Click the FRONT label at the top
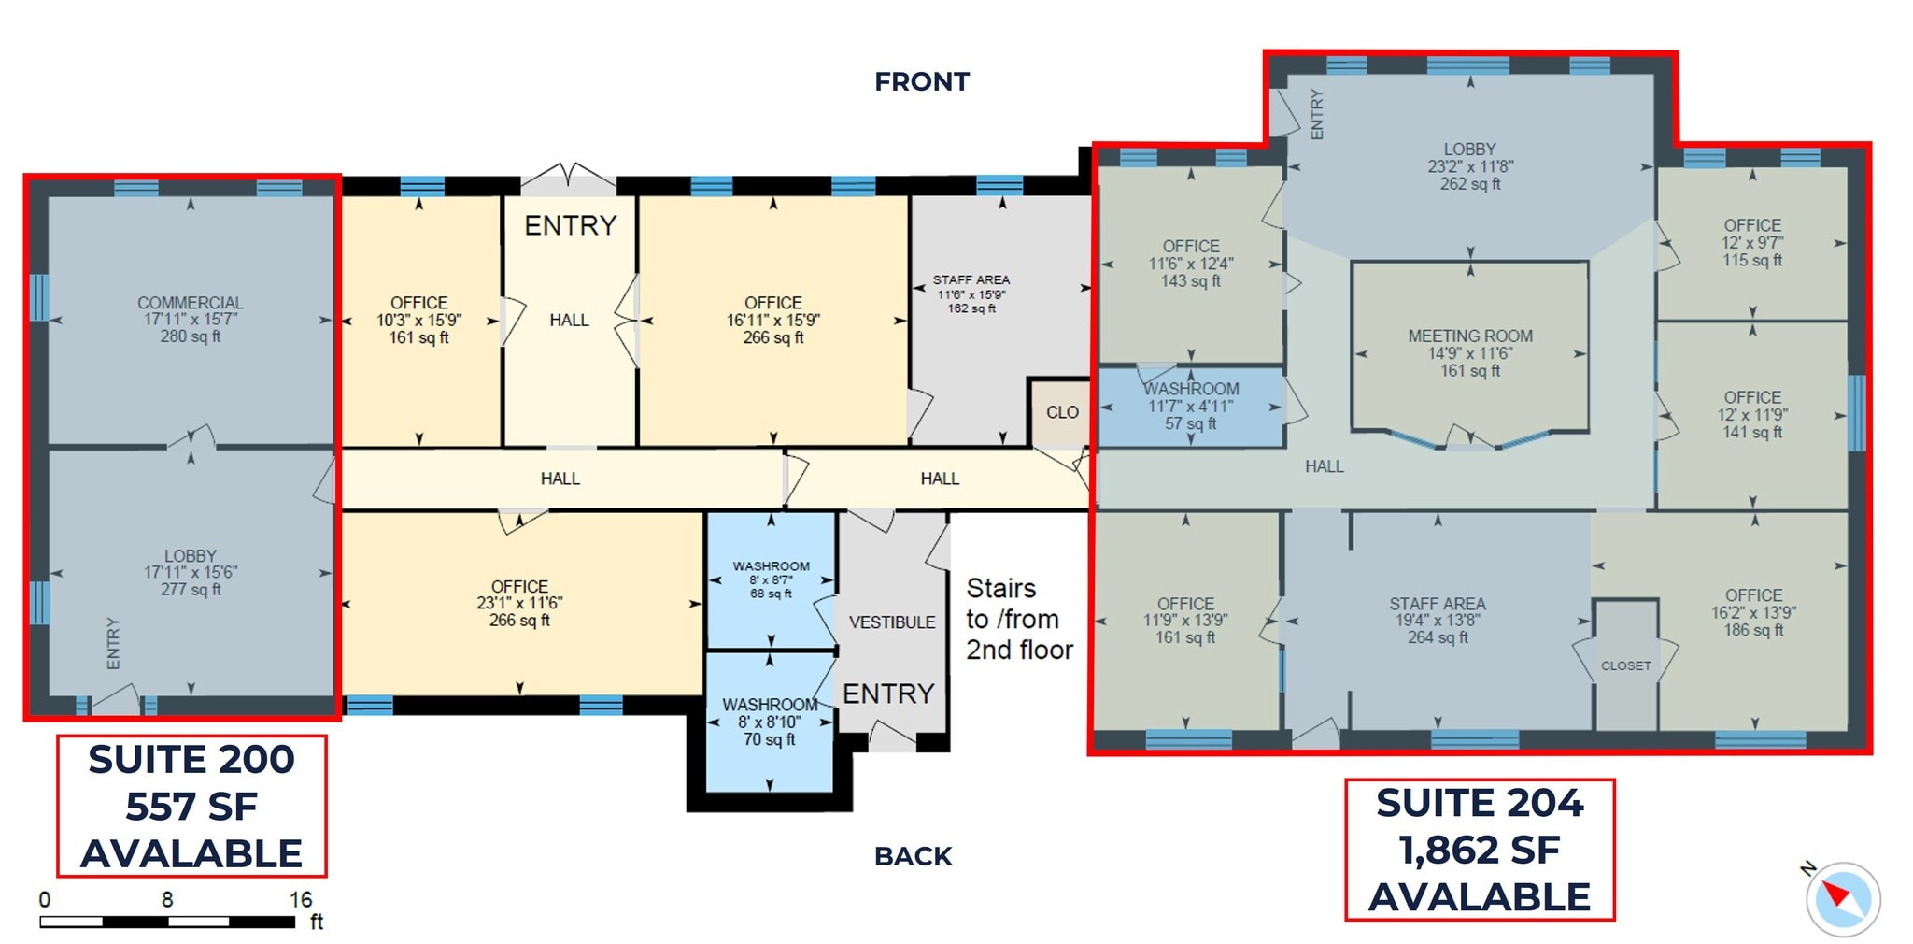pyautogui.click(x=922, y=82)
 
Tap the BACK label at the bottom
pyautogui.click(x=913, y=856)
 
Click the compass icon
pyautogui.click(x=1842, y=899)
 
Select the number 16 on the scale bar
pyautogui.click(x=300, y=899)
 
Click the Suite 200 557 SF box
pyautogui.click(x=191, y=806)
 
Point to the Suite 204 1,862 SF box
pyautogui.click(x=1480, y=849)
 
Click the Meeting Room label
pyautogui.click(x=1470, y=352)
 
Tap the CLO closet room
pyautogui.click(x=1062, y=412)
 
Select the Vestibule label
pyautogui.click(x=892, y=622)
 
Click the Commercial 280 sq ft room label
pyautogui.click(x=191, y=319)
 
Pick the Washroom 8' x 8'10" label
pyautogui.click(x=770, y=722)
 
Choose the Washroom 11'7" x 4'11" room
pyautogui.click(x=1191, y=406)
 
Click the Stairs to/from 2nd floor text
pyautogui.click(x=1018, y=619)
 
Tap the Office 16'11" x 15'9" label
pyautogui.click(x=773, y=320)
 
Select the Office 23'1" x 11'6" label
pyautogui.click(x=519, y=603)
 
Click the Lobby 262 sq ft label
pyautogui.click(x=1469, y=166)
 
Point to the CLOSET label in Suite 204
pyautogui.click(x=1625, y=665)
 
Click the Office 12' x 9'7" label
pyautogui.click(x=1752, y=242)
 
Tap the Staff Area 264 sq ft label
pyautogui.click(x=1437, y=621)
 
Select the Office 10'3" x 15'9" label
pyautogui.click(x=418, y=320)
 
